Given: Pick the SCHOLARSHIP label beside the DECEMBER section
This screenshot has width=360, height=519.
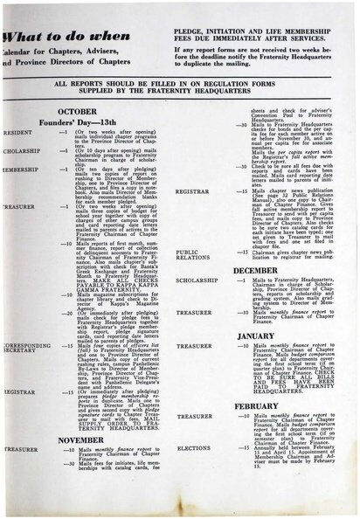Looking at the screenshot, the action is click(x=197, y=280).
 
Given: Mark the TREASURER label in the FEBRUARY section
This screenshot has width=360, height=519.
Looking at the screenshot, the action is click(x=194, y=417).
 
